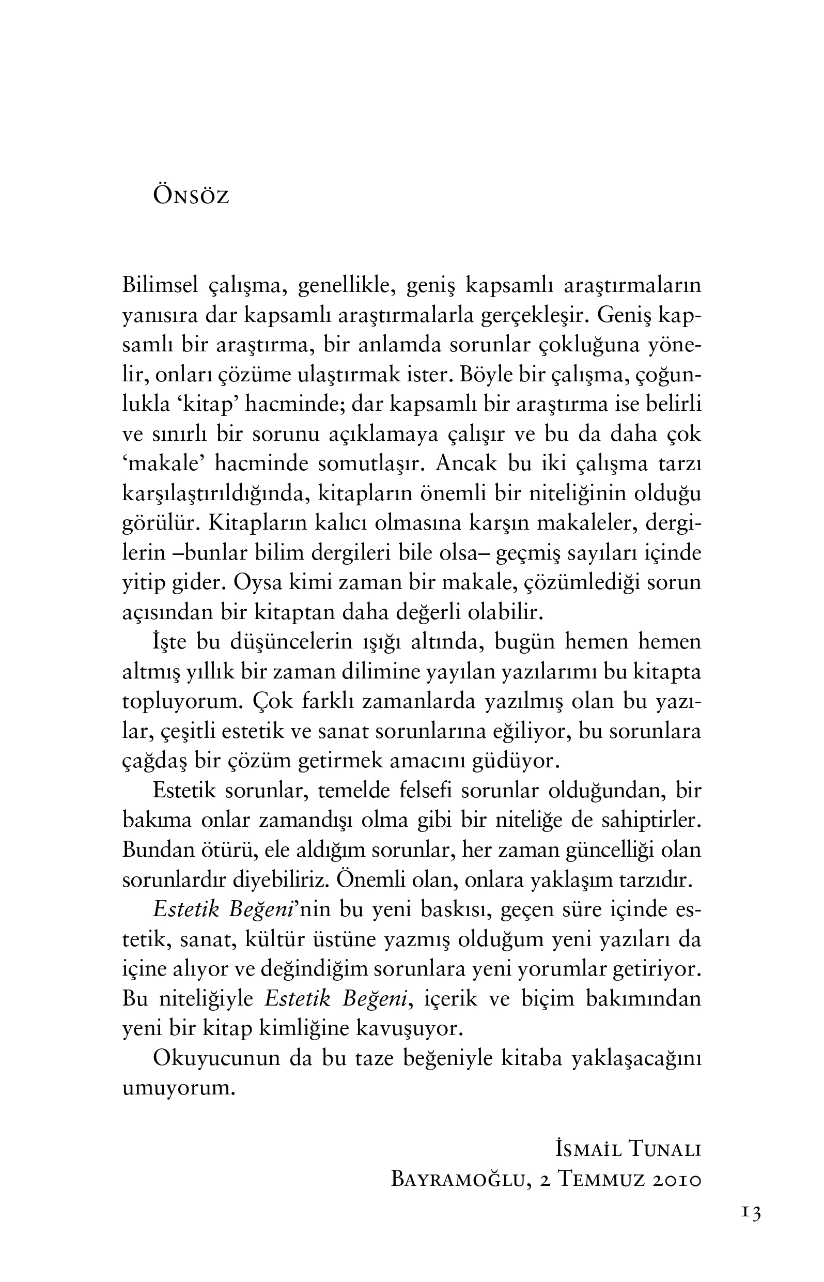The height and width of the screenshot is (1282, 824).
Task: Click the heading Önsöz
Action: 191,196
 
